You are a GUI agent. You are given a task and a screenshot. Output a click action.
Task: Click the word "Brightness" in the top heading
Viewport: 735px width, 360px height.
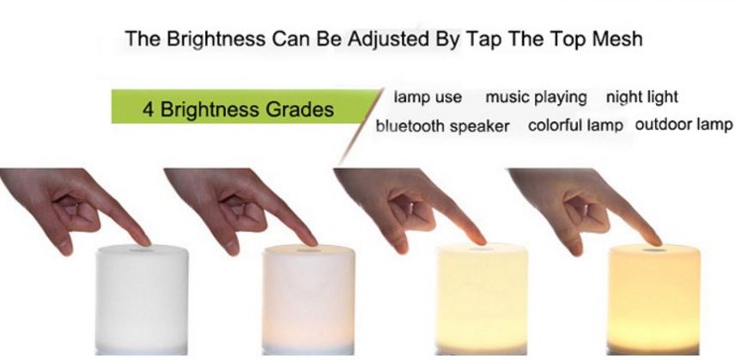(216, 39)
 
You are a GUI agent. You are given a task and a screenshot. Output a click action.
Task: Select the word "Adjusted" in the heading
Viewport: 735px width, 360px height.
(388, 39)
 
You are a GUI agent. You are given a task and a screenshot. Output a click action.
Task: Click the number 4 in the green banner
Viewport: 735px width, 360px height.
(149, 109)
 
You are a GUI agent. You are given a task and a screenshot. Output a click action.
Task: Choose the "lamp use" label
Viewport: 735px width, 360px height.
(428, 97)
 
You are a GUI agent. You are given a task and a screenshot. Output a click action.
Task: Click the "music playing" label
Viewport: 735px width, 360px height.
(537, 98)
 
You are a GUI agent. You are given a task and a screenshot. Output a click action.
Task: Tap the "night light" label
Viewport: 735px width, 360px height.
(641, 97)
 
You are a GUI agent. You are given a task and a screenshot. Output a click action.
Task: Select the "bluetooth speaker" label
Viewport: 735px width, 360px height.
(442, 125)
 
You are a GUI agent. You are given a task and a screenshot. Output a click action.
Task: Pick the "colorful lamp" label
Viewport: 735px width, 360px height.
(575, 125)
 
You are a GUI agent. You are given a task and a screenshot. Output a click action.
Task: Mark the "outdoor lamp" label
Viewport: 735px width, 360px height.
(683, 125)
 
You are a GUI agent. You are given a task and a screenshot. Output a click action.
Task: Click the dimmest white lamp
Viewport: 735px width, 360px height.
(142, 299)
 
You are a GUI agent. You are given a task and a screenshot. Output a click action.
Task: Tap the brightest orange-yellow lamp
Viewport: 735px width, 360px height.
(654, 299)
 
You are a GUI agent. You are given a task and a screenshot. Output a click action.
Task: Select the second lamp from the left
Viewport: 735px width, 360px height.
(308, 299)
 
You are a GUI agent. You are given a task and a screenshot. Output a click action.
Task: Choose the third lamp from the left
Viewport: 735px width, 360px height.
(482, 299)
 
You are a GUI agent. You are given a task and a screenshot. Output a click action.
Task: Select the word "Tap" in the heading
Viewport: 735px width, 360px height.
(484, 40)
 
